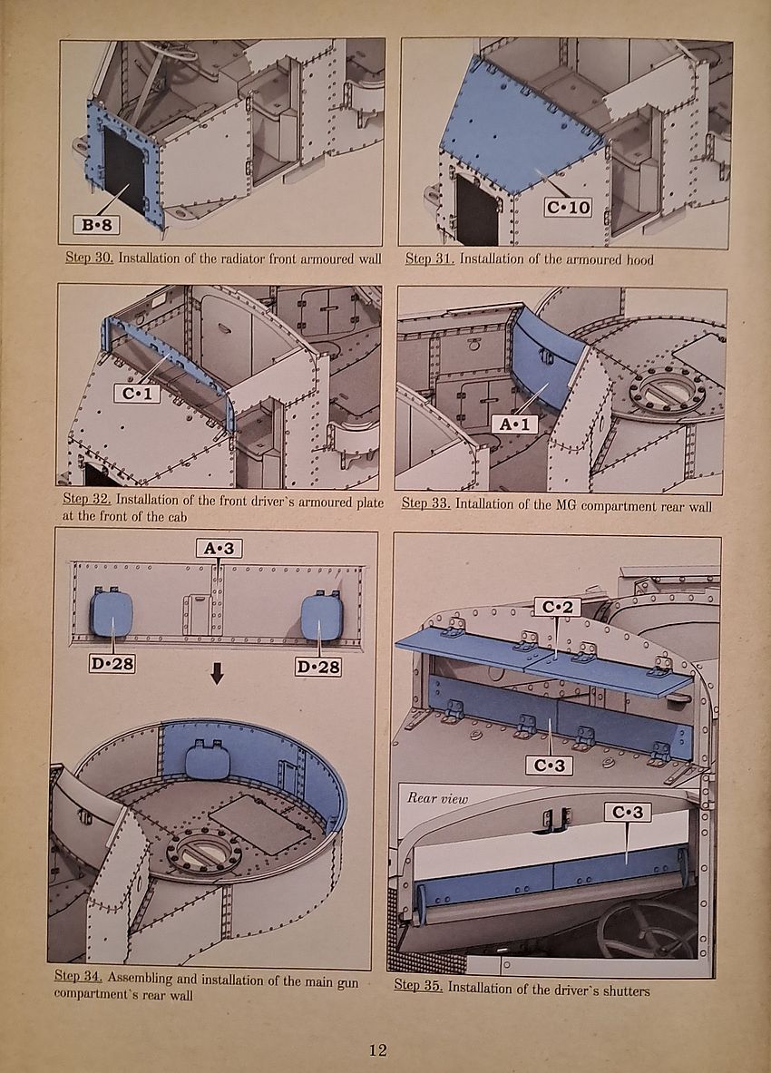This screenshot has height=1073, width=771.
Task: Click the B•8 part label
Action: point(99,223)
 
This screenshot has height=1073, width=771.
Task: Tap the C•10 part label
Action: point(568,208)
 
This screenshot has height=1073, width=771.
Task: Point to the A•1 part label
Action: point(514,424)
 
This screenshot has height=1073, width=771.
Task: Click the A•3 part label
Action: point(219,547)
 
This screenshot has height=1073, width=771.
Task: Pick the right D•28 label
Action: point(318,667)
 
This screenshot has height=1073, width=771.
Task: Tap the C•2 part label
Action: point(556,607)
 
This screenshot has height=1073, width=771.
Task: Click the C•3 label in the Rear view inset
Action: point(628,813)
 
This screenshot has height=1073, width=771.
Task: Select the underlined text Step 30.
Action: point(89,258)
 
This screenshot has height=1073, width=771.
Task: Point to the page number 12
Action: point(378,1050)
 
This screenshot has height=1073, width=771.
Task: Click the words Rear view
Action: point(437,798)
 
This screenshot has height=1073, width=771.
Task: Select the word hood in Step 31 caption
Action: point(635,258)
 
